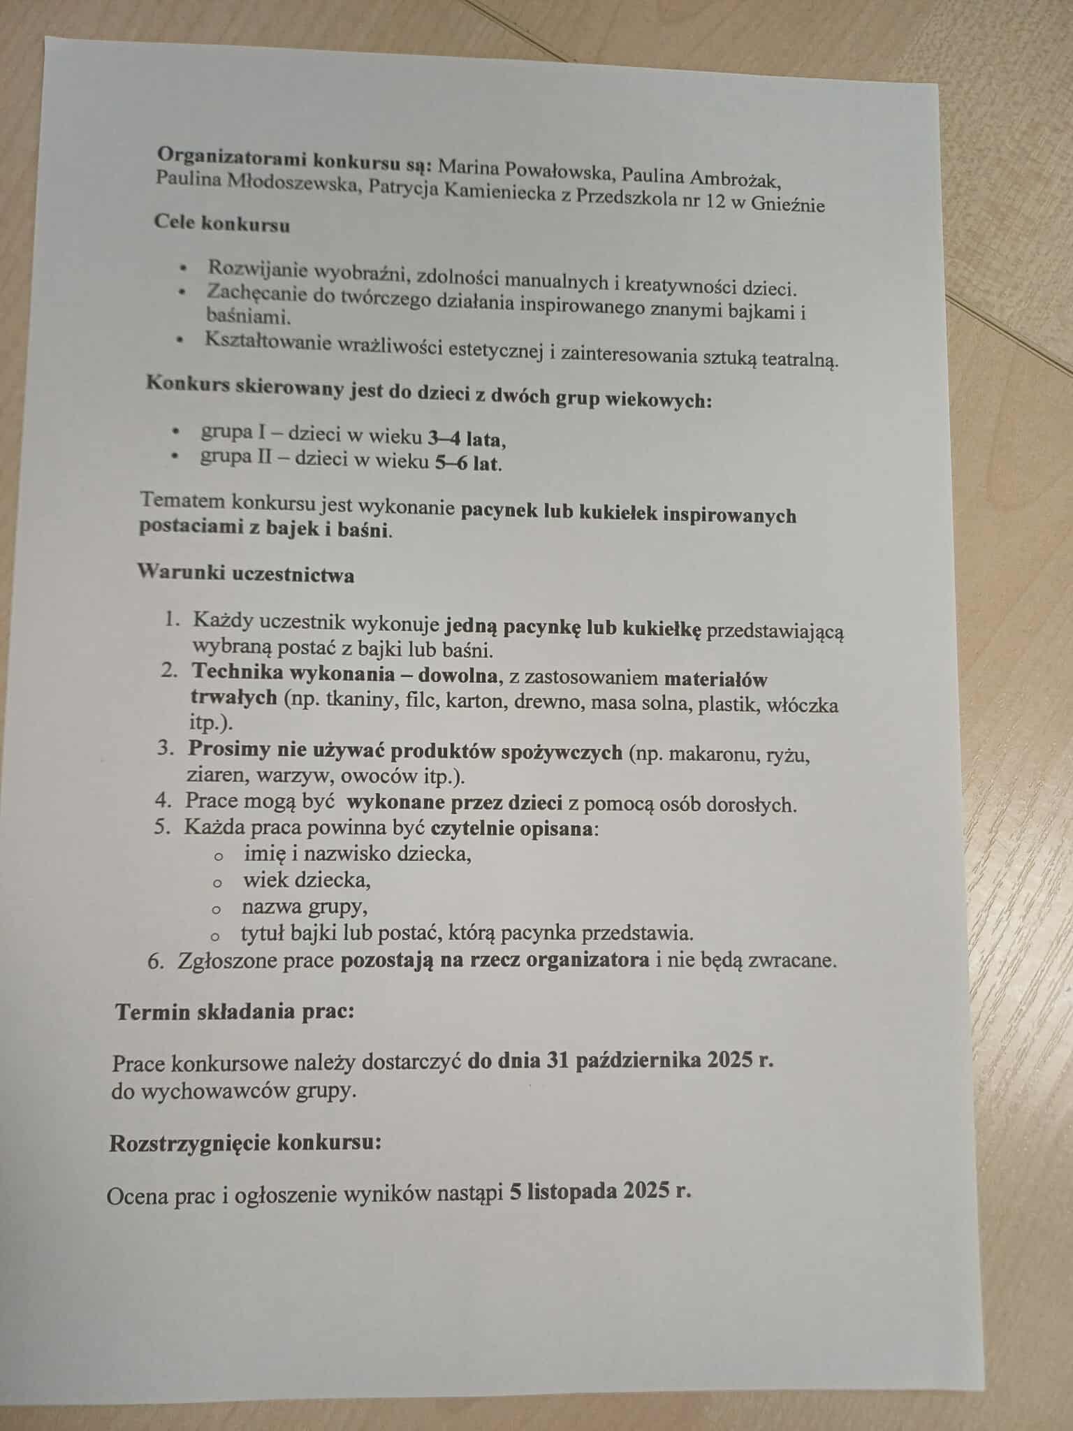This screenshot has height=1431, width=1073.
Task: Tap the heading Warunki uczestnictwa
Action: click(x=245, y=574)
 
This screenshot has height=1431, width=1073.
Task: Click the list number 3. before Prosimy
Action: click(x=165, y=748)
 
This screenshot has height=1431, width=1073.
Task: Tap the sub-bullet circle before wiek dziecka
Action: click(x=217, y=883)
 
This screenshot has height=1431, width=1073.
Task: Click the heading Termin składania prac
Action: click(x=235, y=1012)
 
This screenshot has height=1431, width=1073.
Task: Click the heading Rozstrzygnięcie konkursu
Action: click(x=245, y=1144)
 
